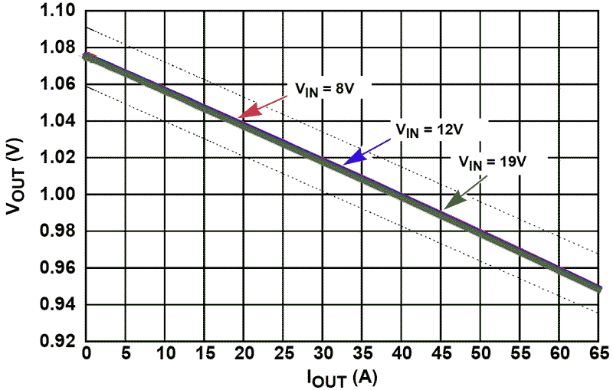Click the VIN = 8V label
click(x=324, y=90)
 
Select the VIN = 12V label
click(x=429, y=130)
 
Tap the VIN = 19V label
click(x=493, y=162)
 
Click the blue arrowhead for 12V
click(x=355, y=157)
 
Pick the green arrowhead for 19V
click(x=455, y=201)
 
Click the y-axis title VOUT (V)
click(x=15, y=176)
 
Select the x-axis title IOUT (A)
click(x=343, y=378)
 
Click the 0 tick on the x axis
click(x=86, y=354)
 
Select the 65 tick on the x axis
click(x=599, y=354)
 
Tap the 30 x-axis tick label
click(x=323, y=354)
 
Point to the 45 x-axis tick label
click(x=441, y=354)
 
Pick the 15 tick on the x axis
click(x=204, y=354)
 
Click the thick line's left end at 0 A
click(x=87, y=57)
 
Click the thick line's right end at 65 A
click(x=598, y=289)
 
